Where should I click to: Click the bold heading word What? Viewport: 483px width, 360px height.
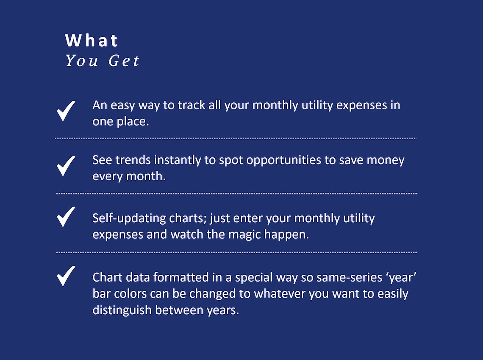pos(92,41)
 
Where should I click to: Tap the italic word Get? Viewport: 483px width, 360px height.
pos(124,61)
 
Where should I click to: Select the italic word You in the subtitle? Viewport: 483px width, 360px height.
pos(82,61)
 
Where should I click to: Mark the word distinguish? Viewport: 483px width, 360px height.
pos(122,310)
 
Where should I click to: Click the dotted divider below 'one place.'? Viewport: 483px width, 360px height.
pos(236,139)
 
